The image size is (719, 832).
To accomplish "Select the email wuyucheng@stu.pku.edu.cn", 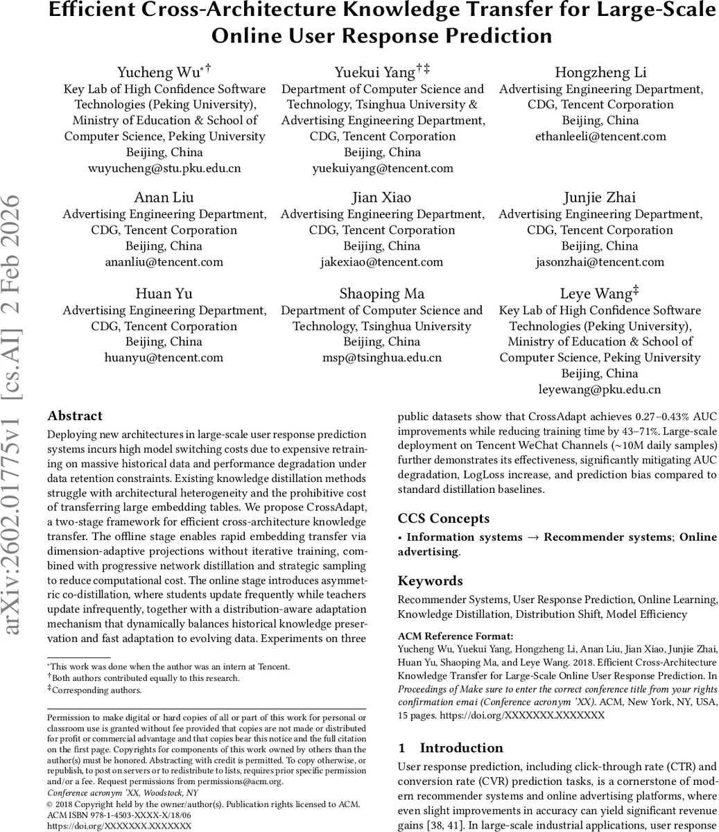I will pos(164,168).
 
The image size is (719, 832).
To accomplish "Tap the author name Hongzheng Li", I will pos(600,73).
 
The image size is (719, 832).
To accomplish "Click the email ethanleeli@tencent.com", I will pos(600,137).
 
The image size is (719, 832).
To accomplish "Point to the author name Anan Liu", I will pos(164,198).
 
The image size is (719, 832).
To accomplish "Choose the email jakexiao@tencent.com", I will pos(382,261).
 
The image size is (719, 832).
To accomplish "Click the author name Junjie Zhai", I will pos(600,198).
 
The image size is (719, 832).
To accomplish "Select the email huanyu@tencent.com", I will pos(164,358).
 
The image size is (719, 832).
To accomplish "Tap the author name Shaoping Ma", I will pos(382,294).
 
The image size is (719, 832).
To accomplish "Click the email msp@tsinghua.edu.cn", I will pos(382,358).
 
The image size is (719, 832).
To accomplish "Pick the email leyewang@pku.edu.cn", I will pos(600,390).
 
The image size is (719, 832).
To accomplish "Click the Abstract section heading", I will pos(75,416).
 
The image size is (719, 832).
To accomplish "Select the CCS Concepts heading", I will pos(443,519).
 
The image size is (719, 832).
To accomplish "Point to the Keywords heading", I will pos(430,581).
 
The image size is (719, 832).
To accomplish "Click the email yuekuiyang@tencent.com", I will pos(382,168).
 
